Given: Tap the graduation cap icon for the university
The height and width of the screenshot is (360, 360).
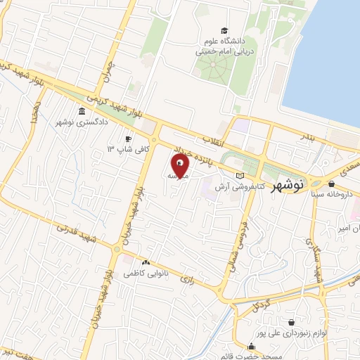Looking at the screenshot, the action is pos(224,31).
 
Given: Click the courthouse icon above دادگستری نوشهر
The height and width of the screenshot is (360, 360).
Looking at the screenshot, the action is pos(83,111).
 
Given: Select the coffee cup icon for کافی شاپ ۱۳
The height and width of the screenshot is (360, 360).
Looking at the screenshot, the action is pos(128,139).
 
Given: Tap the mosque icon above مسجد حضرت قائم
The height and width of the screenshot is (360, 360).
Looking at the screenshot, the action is pos(252,346).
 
